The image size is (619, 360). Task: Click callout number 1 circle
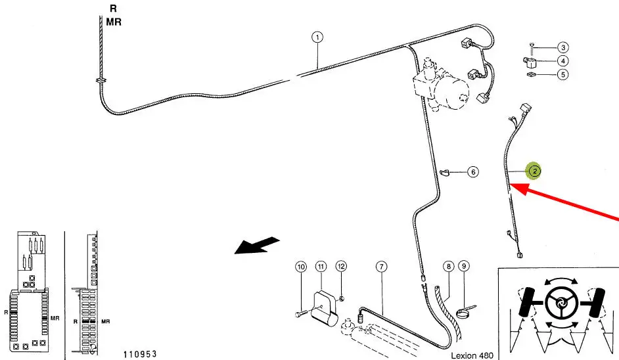(317, 37)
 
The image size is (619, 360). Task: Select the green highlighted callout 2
(534, 171)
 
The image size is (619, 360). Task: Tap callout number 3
(563, 47)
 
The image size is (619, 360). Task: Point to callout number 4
(563, 61)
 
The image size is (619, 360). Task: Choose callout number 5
(563, 74)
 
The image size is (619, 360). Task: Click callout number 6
(473, 171)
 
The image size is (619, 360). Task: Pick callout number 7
(381, 267)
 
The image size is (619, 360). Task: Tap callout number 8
(448, 267)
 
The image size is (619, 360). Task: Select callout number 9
(464, 266)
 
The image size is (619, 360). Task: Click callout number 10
(301, 267)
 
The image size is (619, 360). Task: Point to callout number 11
(321, 267)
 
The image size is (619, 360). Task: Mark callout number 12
(341, 267)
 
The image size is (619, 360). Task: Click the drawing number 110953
(140, 354)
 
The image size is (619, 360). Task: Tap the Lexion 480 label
(472, 355)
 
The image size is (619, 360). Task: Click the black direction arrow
(257, 245)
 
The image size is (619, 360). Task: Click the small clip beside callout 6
(445, 172)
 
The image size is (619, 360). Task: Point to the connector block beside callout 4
(530, 62)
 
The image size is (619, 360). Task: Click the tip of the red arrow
(510, 184)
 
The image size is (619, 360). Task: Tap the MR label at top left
(114, 22)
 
